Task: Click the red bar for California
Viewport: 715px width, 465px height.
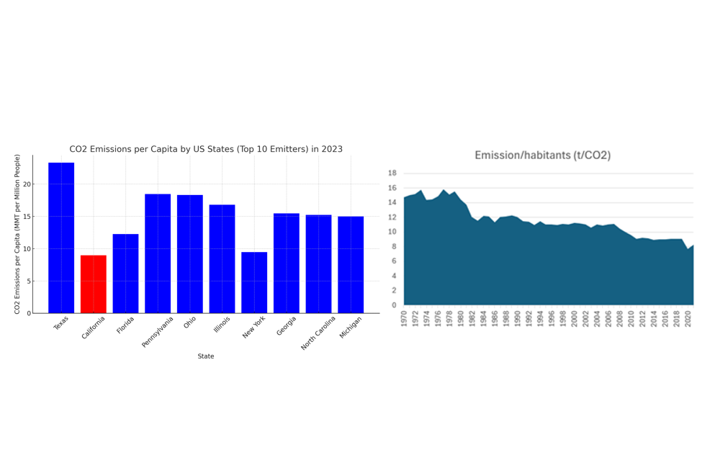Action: pyautogui.click(x=93, y=284)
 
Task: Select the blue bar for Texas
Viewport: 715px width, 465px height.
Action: pyautogui.click(x=61, y=238)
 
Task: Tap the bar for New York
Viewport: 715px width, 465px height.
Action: pyautogui.click(x=254, y=282)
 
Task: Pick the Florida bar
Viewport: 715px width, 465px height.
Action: pyautogui.click(x=125, y=274)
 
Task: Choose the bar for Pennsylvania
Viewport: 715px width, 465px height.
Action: pyautogui.click(x=158, y=253)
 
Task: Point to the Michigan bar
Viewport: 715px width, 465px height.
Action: pyautogui.click(x=351, y=264)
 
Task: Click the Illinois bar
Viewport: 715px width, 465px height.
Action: pyautogui.click(x=222, y=258)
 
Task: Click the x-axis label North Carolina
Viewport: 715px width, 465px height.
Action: pyautogui.click(x=319, y=332)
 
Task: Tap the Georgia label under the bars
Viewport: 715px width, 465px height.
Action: pyautogui.click(x=287, y=326)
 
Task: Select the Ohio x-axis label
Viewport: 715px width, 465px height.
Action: pyautogui.click(x=189, y=322)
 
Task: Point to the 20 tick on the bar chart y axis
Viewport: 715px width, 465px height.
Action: pyautogui.click(x=27, y=184)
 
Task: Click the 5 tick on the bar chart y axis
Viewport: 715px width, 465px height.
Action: pyautogui.click(x=28, y=281)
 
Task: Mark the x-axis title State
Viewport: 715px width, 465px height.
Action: pyautogui.click(x=206, y=356)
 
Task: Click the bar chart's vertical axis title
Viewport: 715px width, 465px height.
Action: pyautogui.click(x=17, y=234)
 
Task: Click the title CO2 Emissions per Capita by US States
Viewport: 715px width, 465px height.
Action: pyautogui.click(x=206, y=149)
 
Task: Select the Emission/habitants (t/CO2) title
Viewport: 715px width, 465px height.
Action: pyautogui.click(x=542, y=155)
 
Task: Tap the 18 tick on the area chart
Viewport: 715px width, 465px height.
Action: pyautogui.click(x=392, y=173)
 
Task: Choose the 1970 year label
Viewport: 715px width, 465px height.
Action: pyautogui.click(x=405, y=318)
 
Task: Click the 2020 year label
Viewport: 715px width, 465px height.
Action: pyautogui.click(x=688, y=318)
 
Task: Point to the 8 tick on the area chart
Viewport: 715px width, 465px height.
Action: pyautogui.click(x=394, y=247)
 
